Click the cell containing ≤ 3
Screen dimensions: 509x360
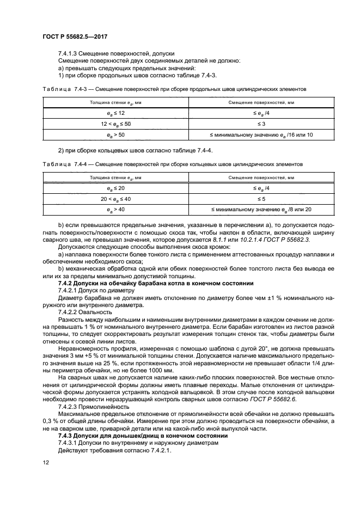254,123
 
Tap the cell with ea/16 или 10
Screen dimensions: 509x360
254,134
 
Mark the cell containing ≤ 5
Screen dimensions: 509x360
254,198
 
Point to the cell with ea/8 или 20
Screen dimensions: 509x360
254,209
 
